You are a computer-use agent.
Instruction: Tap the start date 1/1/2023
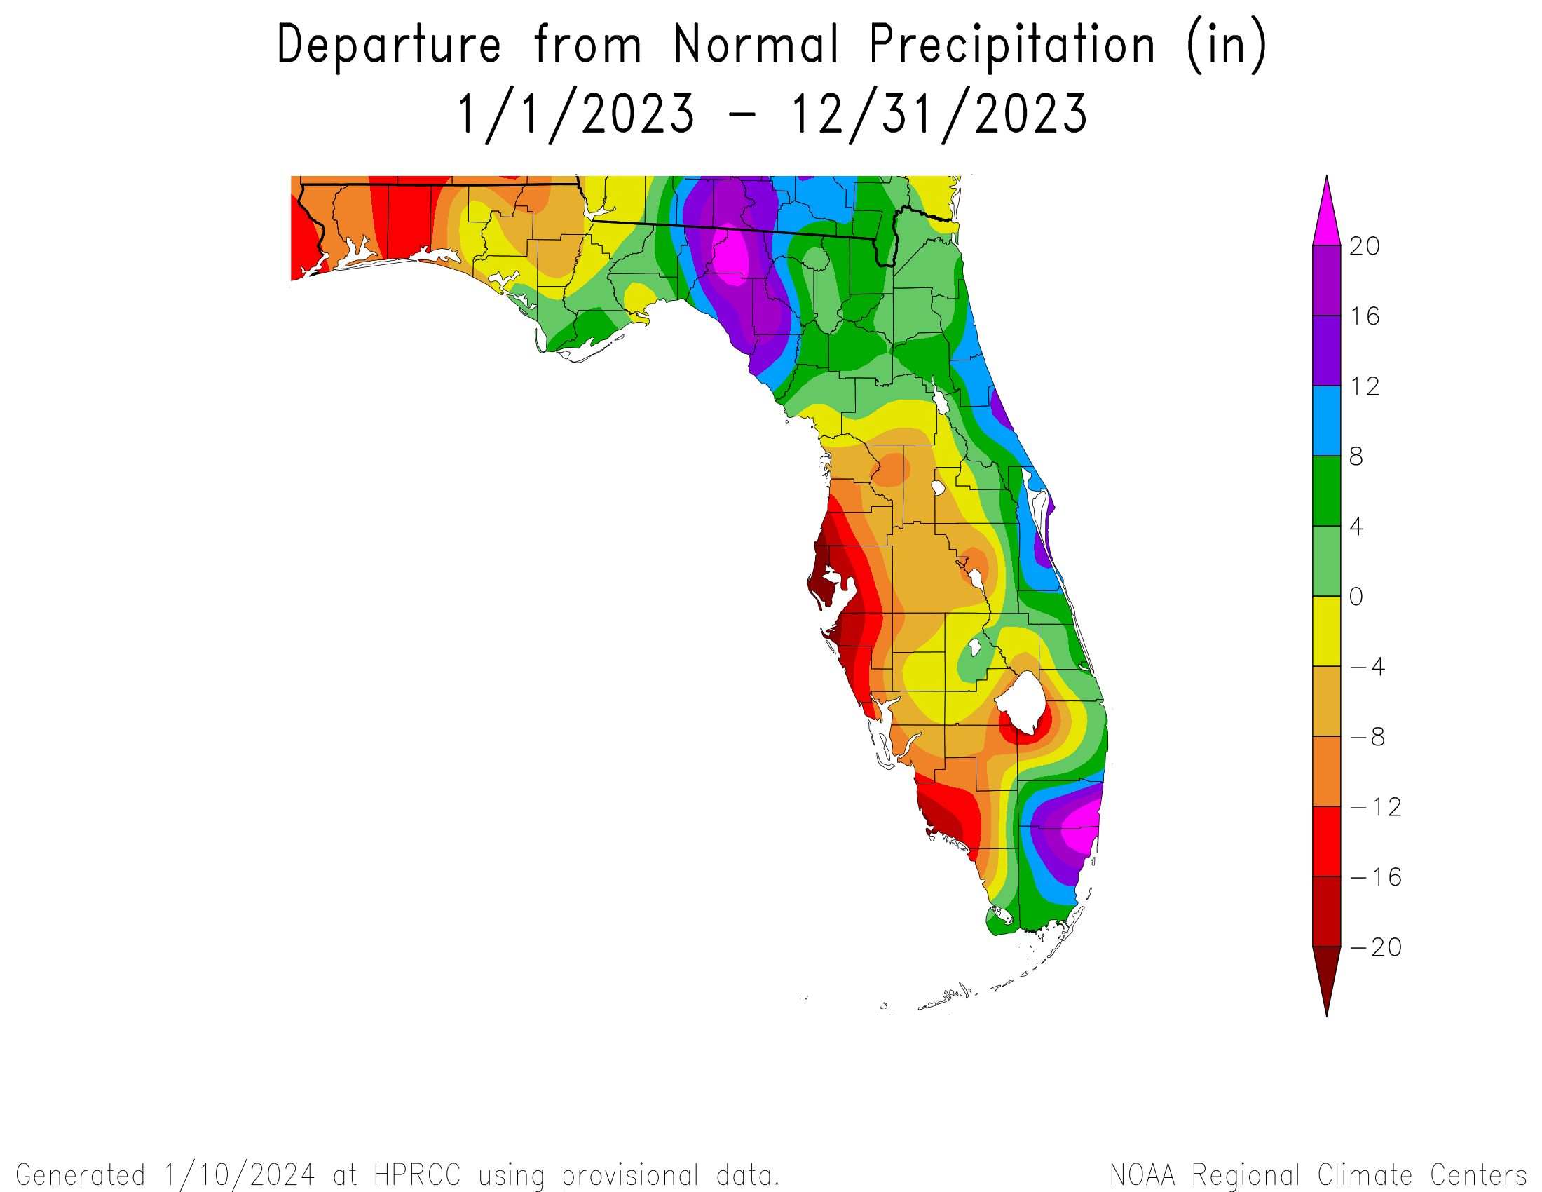(576, 114)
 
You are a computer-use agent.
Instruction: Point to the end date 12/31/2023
(939, 114)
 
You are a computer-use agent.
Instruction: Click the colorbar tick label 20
(1364, 246)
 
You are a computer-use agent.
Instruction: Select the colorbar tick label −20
(1376, 948)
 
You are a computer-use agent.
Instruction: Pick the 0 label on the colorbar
(1356, 597)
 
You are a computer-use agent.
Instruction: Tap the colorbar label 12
(1364, 386)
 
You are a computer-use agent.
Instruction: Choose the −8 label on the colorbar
(1367, 737)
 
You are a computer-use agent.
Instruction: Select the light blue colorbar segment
(1327, 421)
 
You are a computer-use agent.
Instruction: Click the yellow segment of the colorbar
(1327, 631)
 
